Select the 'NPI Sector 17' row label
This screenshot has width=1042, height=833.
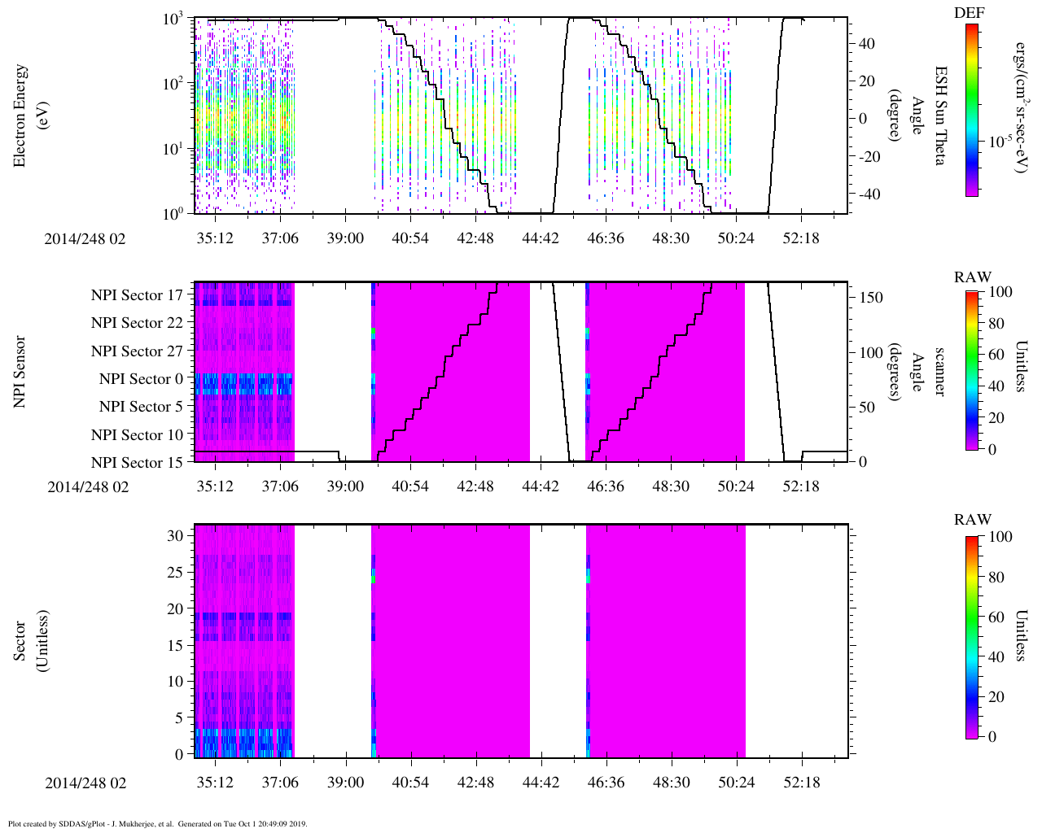coord(137,295)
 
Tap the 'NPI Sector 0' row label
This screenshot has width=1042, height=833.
coord(141,379)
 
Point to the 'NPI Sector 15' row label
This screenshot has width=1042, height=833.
coord(137,463)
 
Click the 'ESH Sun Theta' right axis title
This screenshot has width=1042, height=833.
coord(939,116)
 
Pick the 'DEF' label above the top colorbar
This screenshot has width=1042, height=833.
coord(969,12)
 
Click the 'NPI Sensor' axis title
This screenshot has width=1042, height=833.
coord(20,372)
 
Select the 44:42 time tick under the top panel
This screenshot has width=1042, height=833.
coord(540,238)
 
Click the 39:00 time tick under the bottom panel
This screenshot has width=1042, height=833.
coord(345,783)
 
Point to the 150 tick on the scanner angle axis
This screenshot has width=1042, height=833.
coord(871,298)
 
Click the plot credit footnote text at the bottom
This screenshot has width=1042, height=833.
coord(157,823)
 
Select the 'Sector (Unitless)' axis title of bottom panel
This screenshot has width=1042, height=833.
coord(31,640)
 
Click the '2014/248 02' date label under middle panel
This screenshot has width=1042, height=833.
coord(88,486)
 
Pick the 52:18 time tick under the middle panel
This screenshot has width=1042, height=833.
coord(801,486)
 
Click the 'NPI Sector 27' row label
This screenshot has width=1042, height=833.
coord(137,351)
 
